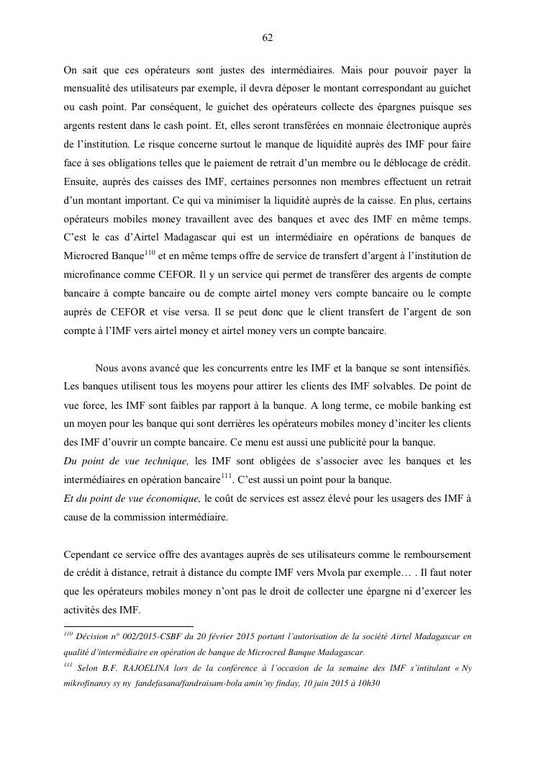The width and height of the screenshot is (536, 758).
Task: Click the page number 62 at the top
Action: click(x=268, y=38)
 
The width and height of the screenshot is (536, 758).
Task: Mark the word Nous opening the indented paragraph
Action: click(x=108, y=368)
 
